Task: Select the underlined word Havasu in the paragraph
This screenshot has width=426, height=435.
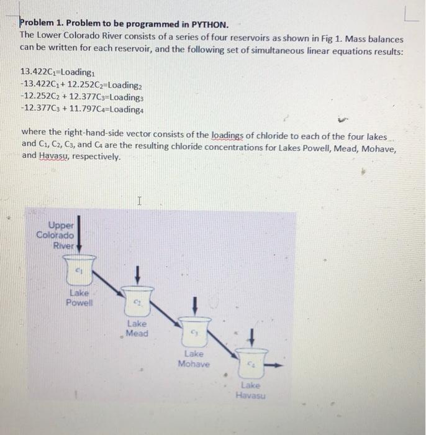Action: pos(54,156)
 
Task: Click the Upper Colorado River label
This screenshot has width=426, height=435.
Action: pos(56,235)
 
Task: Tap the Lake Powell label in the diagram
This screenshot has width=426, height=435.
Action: pos(79,298)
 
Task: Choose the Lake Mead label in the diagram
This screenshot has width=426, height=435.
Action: pos(137,328)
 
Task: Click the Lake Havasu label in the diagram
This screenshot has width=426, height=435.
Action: pos(251,390)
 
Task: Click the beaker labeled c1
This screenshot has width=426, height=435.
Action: pos(79,270)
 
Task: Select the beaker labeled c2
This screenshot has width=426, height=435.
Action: pos(137,301)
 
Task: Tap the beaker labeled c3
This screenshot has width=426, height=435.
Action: pos(194,332)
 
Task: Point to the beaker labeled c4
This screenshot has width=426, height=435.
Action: pos(252,364)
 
